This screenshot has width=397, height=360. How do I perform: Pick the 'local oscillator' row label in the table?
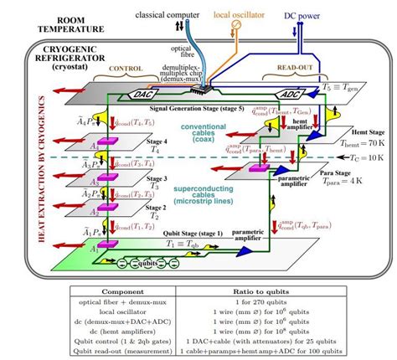click(104, 311)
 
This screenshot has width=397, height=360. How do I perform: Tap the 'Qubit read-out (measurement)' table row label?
click(104, 352)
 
